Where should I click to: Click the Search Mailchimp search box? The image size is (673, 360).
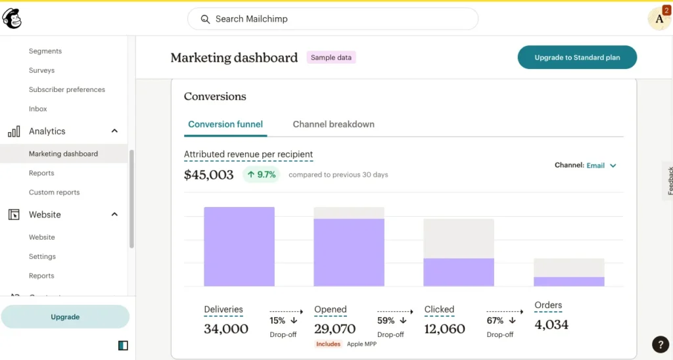(x=333, y=19)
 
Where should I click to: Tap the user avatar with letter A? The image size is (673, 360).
(x=659, y=19)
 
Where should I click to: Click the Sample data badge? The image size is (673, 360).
(x=331, y=58)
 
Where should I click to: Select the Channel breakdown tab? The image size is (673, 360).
(x=333, y=124)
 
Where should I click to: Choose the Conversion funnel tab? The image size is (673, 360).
(x=225, y=124)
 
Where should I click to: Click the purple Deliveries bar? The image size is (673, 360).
(x=239, y=247)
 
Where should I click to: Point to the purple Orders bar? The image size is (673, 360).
(x=569, y=281)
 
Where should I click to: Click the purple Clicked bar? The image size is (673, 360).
(x=459, y=272)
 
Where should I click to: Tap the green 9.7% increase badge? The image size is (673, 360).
(x=262, y=175)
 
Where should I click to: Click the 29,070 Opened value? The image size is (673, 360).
(x=335, y=328)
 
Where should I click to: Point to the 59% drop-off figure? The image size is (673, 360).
(x=386, y=321)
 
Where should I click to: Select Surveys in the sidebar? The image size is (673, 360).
(x=41, y=70)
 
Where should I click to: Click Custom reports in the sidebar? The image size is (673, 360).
(x=54, y=192)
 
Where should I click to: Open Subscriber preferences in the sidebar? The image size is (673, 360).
(x=66, y=89)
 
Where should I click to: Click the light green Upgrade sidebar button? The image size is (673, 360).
(x=65, y=317)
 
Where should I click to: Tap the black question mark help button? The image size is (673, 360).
(x=660, y=344)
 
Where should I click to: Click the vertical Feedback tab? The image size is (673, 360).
(x=669, y=181)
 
